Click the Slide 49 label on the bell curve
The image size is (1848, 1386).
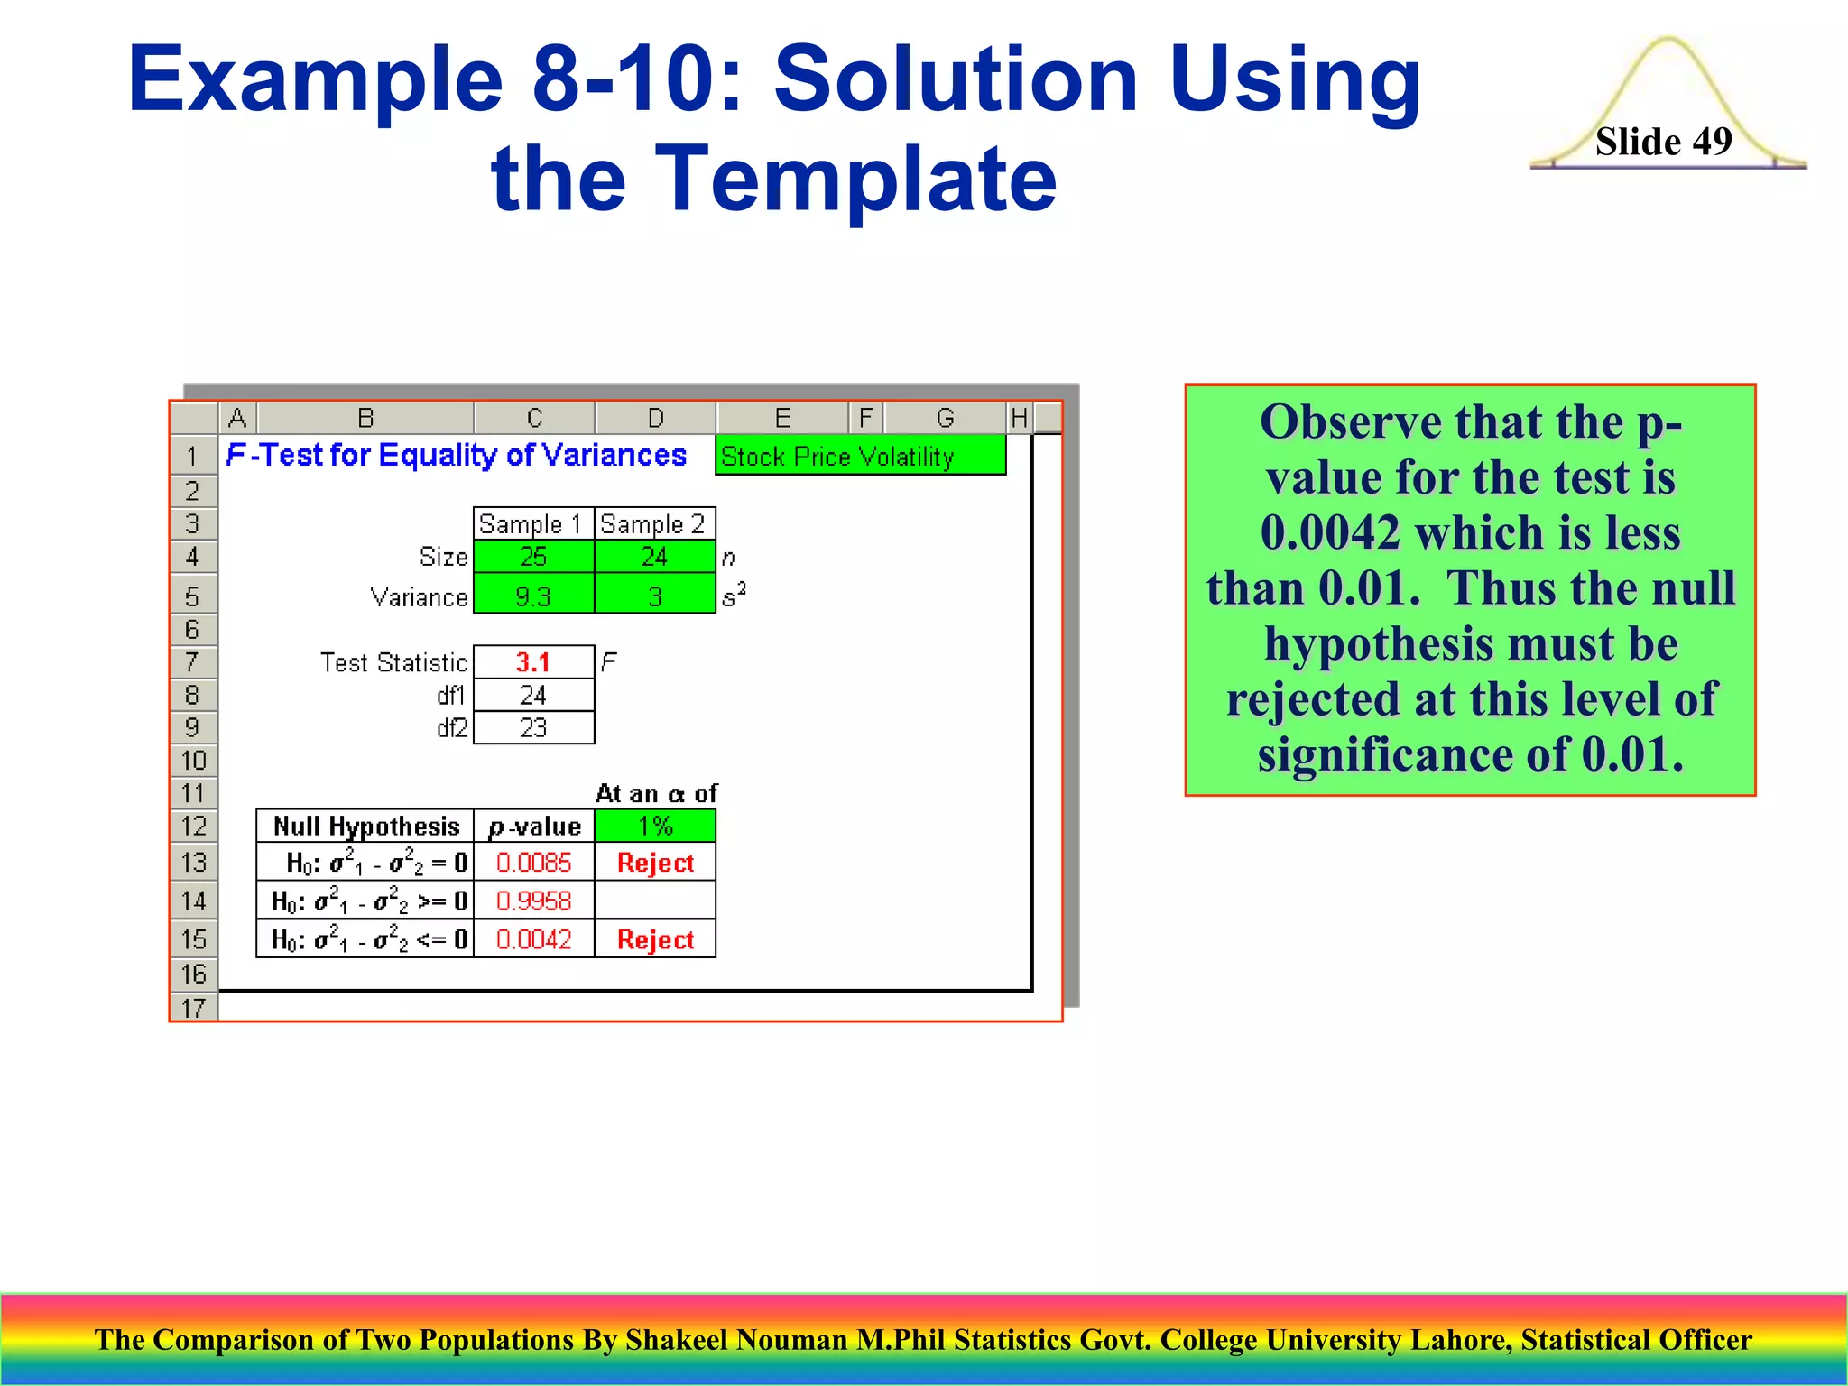[1663, 142]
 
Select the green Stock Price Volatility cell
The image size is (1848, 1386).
[860, 456]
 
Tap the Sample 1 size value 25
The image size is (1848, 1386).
[533, 557]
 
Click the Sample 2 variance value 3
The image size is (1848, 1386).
[655, 596]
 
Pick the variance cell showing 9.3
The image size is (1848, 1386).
[533, 596]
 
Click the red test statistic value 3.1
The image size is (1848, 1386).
[533, 662]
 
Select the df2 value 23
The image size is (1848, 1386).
[533, 728]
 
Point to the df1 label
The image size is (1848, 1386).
[451, 696]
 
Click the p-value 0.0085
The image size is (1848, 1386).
[533, 863]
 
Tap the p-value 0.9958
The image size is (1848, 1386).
[533, 901]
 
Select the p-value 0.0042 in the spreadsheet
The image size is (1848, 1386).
[533, 939]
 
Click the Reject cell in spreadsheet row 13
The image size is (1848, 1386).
[655, 863]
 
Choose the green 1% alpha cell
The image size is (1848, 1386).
[655, 826]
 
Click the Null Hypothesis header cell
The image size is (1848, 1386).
[365, 826]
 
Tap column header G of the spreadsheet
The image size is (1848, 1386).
[945, 418]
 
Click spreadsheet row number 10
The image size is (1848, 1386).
[193, 761]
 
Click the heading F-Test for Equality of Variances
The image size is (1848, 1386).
[457, 455]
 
